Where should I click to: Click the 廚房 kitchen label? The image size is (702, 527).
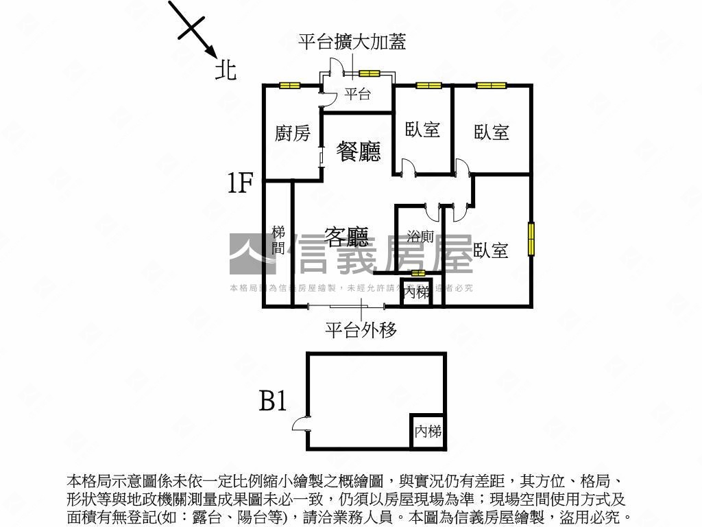pos(293,133)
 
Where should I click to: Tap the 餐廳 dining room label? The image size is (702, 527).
pos(359,151)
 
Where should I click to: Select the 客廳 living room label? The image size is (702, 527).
pos(347,237)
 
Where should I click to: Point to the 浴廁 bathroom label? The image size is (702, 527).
pos(420,237)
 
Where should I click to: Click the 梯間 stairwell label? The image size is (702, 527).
pos(278,240)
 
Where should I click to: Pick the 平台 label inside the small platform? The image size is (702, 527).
pos(357,95)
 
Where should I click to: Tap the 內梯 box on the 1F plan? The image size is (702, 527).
pos(416,292)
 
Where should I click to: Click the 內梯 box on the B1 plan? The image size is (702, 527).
pos(428,432)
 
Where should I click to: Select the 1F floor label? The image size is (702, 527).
pos(241,183)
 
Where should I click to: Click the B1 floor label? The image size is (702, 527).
pos(272,400)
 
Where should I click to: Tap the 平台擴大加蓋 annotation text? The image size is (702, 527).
pos(352,43)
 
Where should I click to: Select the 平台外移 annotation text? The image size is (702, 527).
pos(361,331)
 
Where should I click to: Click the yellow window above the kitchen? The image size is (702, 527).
pos(290,86)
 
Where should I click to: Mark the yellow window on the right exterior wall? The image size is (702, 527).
pos(531,239)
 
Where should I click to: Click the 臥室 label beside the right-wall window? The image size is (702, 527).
pos(490,250)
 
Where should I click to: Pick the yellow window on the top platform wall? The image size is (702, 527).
pos(370,73)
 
